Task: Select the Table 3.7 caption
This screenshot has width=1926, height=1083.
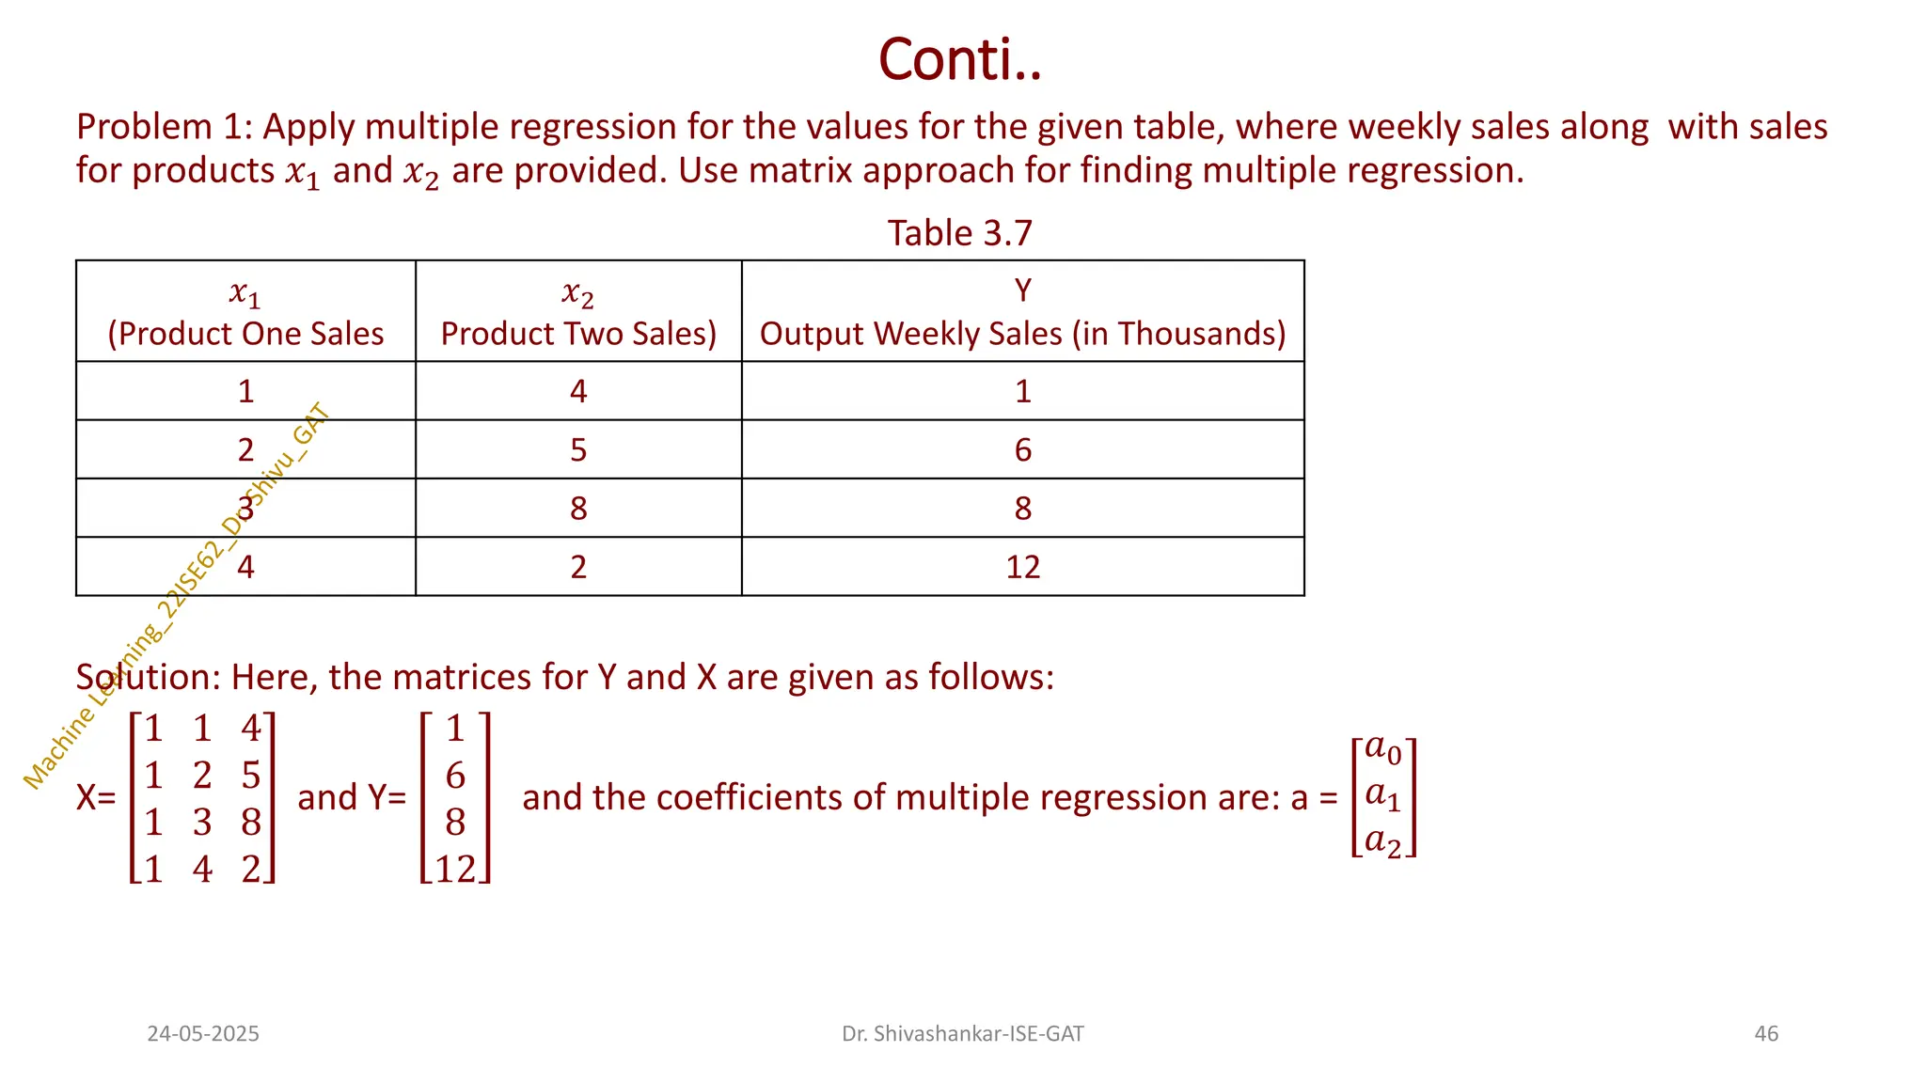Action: [959, 233]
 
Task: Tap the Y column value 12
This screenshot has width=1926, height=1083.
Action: [1022, 567]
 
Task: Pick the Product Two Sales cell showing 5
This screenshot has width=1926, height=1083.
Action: [578, 449]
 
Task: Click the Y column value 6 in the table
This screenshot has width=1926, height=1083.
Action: [1022, 449]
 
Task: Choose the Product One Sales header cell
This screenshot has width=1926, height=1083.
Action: [245, 312]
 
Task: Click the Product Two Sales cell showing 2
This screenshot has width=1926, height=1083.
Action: [578, 567]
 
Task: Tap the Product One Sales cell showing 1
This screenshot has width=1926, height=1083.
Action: [245, 391]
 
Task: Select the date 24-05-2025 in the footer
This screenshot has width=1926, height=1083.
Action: [203, 1034]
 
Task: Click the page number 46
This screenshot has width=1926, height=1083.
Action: [1766, 1034]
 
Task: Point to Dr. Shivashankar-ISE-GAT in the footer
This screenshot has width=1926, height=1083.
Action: [962, 1034]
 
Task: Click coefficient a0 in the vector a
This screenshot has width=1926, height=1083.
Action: [1382, 749]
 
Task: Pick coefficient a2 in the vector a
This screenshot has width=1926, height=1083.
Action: [1382, 841]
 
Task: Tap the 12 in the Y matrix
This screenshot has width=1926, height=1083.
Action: [455, 870]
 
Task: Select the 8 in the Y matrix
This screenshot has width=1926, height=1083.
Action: [455, 823]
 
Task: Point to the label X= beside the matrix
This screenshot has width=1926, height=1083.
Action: [96, 798]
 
